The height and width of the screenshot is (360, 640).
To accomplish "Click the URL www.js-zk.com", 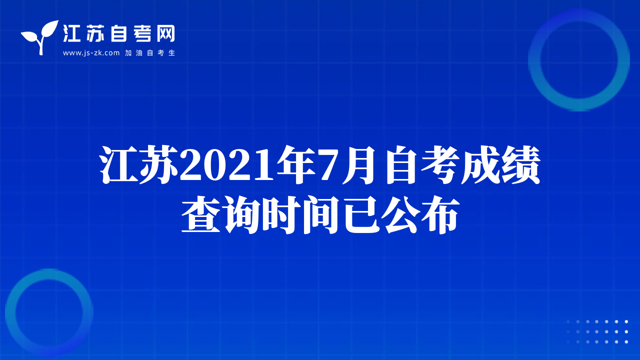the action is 91,53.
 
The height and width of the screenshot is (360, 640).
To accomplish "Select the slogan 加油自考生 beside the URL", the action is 150,53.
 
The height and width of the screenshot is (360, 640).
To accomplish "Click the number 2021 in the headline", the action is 227,165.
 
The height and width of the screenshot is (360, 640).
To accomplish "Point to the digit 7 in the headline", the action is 330,165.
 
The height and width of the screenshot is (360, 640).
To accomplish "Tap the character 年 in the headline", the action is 297,164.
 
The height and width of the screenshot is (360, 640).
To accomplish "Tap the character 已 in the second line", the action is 362,214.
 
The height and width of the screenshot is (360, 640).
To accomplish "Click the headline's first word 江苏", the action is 139,164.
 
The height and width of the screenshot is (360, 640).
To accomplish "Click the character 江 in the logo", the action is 71,33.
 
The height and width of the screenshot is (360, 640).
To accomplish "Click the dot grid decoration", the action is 597,331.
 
